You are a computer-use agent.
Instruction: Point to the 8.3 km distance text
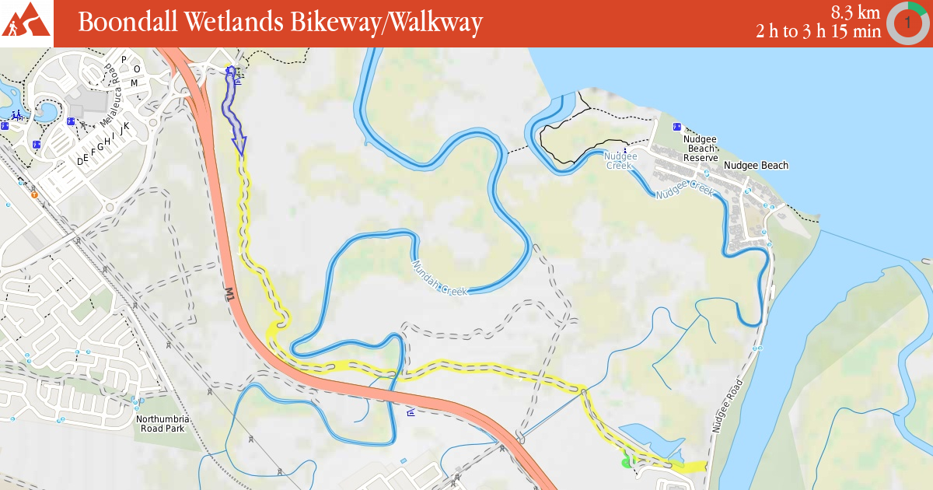(855, 12)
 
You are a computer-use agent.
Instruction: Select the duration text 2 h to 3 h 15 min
(818, 31)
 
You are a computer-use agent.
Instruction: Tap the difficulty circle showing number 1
(907, 23)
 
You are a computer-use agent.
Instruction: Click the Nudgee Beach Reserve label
(700, 148)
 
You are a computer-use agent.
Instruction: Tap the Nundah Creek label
(439, 278)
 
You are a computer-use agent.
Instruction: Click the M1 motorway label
(229, 294)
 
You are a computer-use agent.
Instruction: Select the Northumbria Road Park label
(162, 424)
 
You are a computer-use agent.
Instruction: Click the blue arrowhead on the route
(239, 145)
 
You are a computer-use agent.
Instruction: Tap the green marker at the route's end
(626, 464)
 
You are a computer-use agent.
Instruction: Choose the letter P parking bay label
(123, 59)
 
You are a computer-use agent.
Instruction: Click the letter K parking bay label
(126, 125)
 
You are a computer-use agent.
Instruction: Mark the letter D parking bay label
(79, 161)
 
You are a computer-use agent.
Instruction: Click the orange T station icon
(34, 194)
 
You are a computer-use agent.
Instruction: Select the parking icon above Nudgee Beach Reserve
(676, 126)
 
